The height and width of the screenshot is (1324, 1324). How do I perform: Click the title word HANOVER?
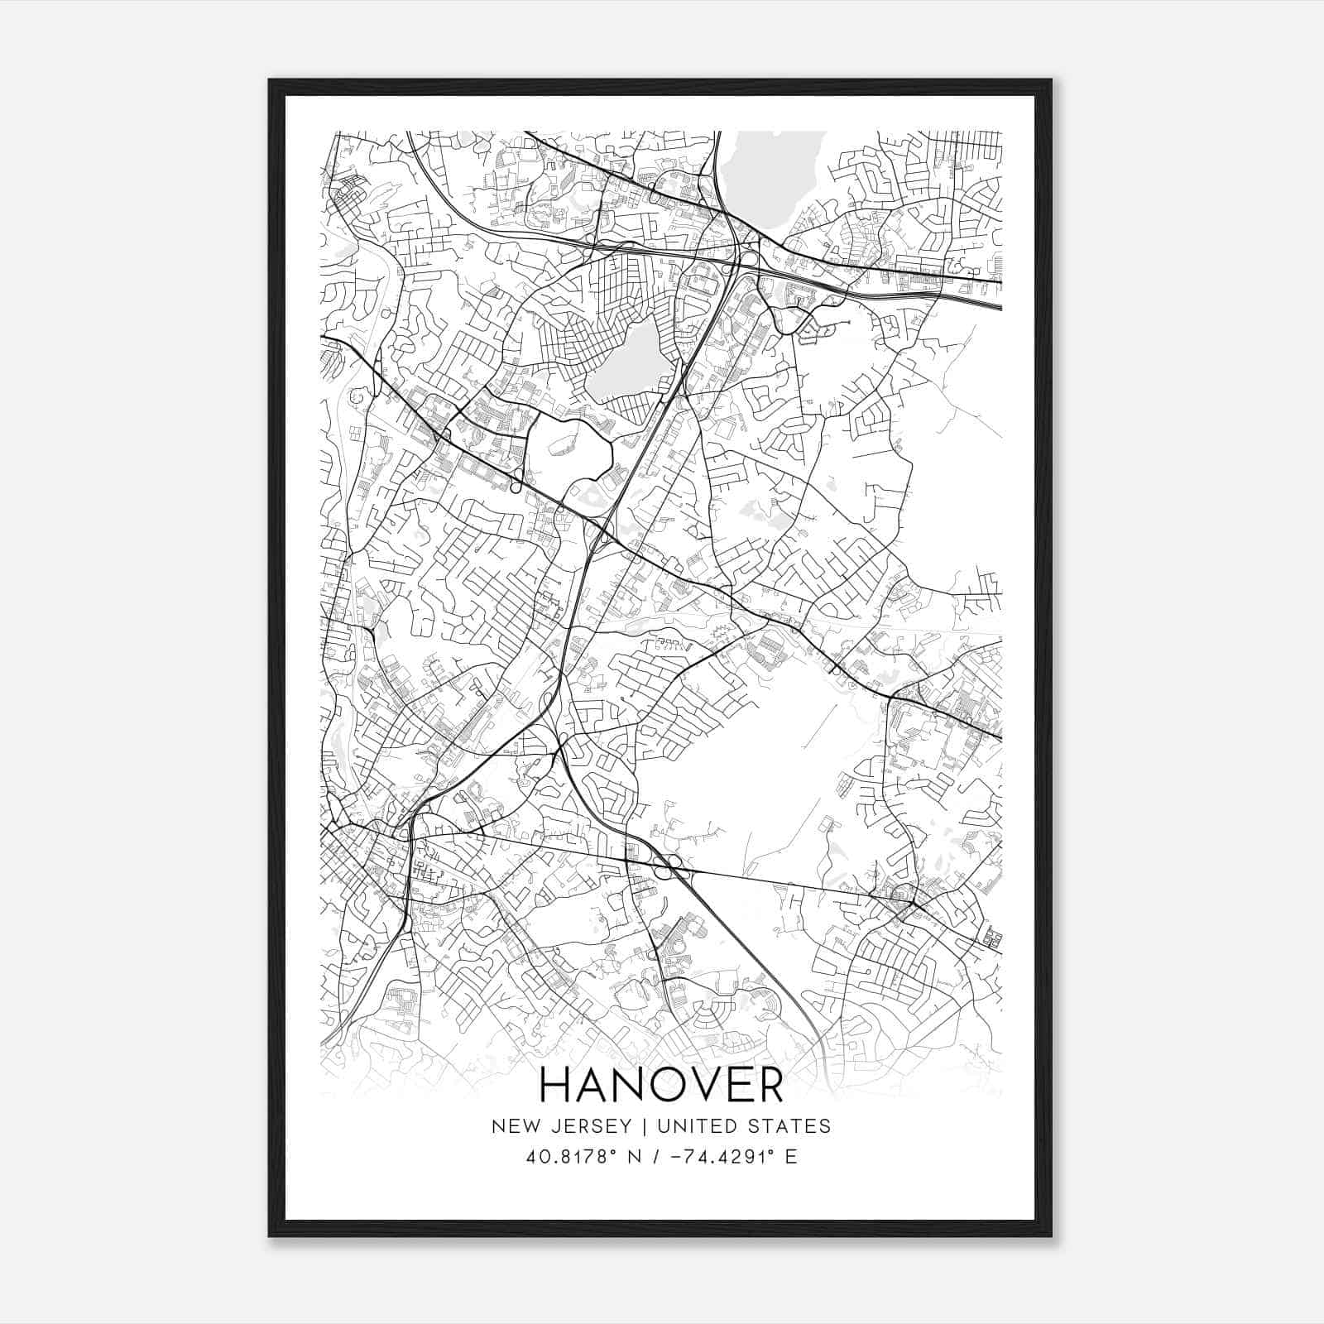pyautogui.click(x=661, y=1085)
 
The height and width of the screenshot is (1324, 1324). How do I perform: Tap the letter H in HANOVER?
pyautogui.click(x=556, y=1085)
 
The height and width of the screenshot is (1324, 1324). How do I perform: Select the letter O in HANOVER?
pyautogui.click(x=652, y=1085)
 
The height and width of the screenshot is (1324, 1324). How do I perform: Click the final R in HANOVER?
pyautogui.click(x=767, y=1085)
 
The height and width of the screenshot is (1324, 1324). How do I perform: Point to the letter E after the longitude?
pyautogui.click(x=791, y=1157)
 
